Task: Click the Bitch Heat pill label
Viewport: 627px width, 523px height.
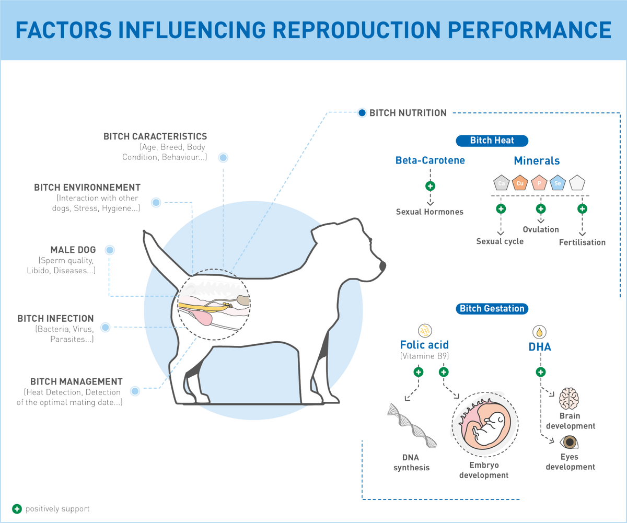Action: coord(492,141)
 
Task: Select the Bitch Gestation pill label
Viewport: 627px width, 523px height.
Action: coord(492,308)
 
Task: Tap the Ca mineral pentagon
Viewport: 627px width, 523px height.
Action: coord(501,182)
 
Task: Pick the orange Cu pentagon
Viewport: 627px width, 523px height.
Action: coord(520,182)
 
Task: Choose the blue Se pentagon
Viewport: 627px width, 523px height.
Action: coord(558,182)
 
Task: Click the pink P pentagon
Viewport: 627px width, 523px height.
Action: coord(539,182)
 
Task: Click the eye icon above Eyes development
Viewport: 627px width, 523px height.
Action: coord(570,443)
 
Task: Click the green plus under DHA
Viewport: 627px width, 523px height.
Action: coord(541,372)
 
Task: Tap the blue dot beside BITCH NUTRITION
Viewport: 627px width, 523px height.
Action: coord(362,112)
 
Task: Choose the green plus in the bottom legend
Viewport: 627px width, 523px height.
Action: coord(17,508)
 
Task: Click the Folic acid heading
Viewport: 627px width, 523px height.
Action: coord(424,345)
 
